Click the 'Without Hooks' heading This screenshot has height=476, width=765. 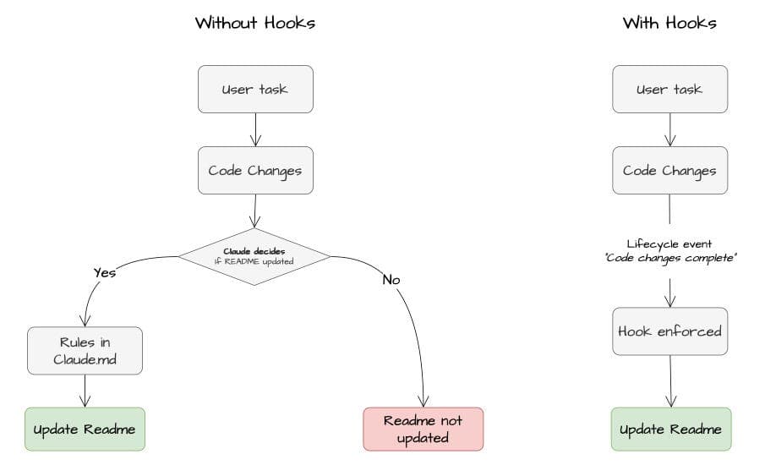(x=254, y=23)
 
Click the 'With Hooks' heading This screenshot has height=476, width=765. (x=669, y=23)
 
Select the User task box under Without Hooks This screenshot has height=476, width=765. (x=254, y=89)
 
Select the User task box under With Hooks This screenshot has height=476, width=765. (x=669, y=89)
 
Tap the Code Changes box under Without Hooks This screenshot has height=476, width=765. (x=254, y=170)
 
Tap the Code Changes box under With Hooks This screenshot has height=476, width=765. (x=669, y=170)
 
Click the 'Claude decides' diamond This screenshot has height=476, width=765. (x=254, y=256)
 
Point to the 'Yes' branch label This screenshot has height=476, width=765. (x=104, y=272)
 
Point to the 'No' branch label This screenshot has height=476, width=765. (x=391, y=279)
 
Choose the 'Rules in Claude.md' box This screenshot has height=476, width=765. (x=85, y=351)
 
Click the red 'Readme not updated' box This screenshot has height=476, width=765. (x=423, y=429)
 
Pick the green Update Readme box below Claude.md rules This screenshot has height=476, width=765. (x=85, y=429)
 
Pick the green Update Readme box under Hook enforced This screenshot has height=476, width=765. (x=670, y=429)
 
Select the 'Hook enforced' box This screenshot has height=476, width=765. (x=669, y=331)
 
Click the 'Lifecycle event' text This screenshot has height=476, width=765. (x=669, y=243)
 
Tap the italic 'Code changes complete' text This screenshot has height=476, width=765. (x=669, y=258)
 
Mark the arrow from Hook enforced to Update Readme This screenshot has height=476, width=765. (x=670, y=380)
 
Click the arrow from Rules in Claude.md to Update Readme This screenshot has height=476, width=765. (x=85, y=391)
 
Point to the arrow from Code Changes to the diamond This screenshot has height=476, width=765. (x=254, y=210)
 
